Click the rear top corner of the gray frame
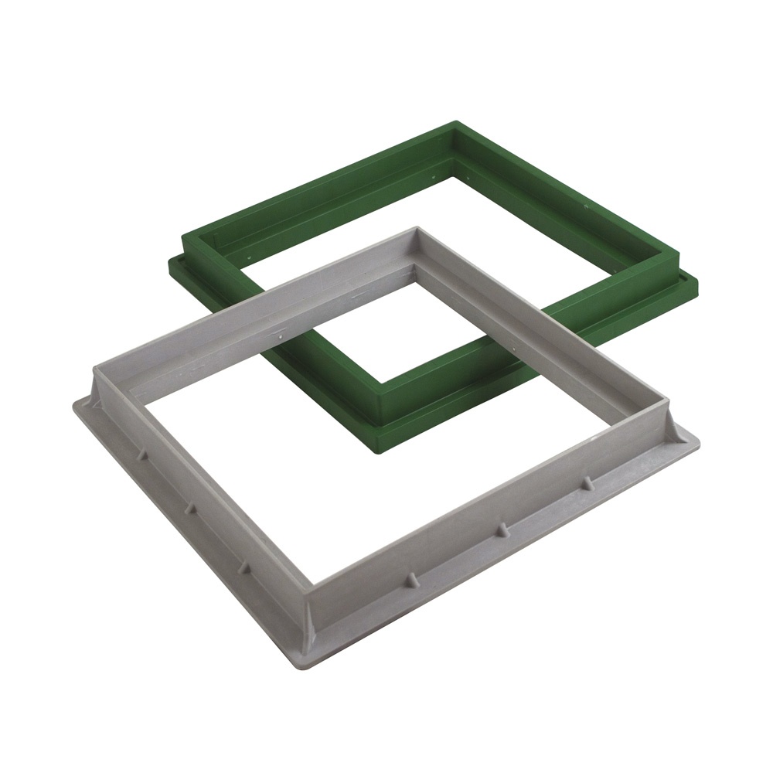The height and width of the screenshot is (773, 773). coord(417,228)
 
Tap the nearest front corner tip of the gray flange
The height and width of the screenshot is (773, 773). coord(308,667)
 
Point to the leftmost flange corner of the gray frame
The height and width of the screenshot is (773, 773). coord(76,404)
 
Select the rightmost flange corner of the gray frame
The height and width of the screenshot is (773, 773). coord(697,438)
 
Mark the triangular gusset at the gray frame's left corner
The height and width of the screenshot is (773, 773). coord(97,390)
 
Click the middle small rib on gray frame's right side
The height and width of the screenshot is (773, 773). coord(501,530)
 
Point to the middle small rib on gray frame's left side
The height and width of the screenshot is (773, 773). coord(188,511)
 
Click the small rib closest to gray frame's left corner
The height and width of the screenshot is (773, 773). coord(141,455)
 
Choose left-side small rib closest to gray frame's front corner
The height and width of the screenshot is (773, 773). coord(243,567)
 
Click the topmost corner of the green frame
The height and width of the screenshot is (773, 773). coord(456,122)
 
